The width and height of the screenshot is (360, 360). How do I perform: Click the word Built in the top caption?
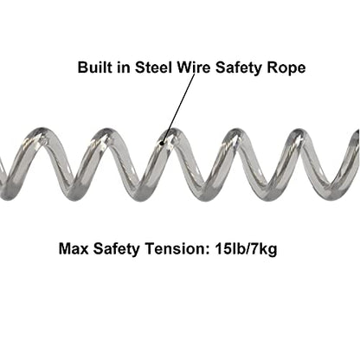click(92, 67)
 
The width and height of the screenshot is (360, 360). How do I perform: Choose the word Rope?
click(286, 68)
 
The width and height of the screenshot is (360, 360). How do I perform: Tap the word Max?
click(74, 248)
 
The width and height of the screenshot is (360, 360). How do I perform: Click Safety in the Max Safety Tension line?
click(116, 249)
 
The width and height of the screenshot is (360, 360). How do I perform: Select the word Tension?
click(177, 248)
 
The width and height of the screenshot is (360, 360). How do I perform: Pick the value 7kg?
click(263, 249)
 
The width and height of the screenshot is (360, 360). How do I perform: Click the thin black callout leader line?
click(179, 108)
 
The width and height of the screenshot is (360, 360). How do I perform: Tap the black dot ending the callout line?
click(162, 142)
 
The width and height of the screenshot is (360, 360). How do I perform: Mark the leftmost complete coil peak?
click(41, 133)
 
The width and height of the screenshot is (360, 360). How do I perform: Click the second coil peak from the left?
click(105, 133)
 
